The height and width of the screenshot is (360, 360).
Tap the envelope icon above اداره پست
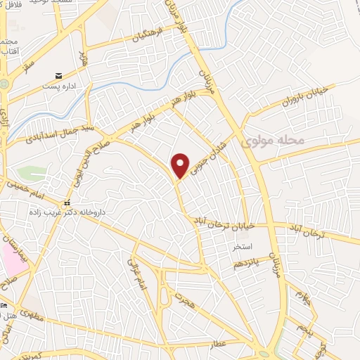click(59, 75)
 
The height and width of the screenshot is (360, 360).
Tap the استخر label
click(243, 247)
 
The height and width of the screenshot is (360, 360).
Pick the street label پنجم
click(303, 327)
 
